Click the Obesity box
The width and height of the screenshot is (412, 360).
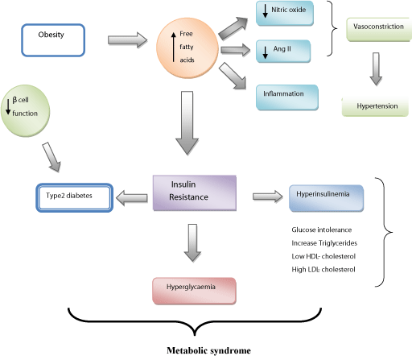coord(53,40)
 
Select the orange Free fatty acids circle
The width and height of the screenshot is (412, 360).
coord(187,48)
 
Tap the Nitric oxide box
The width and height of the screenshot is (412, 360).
coord(285,13)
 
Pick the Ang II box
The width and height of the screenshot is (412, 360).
coord(283,51)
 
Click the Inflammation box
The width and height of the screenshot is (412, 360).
coord(287,97)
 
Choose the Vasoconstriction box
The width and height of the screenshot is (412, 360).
coord(379,30)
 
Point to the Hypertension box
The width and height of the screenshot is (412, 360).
coord(375,106)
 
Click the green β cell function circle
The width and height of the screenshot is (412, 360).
coord(25,110)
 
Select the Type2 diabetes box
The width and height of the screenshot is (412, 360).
coord(75,197)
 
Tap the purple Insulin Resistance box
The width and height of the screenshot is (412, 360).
coord(195,192)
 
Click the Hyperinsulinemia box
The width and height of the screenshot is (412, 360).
coord(326,198)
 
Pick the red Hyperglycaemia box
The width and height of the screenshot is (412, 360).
coord(194,291)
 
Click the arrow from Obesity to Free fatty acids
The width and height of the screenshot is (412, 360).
coord(128,40)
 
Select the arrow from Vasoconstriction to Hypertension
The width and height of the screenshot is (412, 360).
coord(376,69)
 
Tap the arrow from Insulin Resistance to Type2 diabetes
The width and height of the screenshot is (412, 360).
coord(132,198)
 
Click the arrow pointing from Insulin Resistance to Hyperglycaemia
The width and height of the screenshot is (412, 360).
coord(192,242)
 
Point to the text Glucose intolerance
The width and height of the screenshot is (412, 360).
coord(322,230)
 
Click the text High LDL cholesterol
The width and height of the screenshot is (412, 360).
coord(323,270)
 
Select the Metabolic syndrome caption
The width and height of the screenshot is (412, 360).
coord(208,350)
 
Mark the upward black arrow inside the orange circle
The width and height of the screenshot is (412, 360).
coord(174,47)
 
